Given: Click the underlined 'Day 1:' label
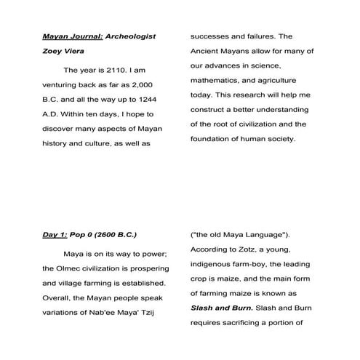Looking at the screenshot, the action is pyautogui.click(x=55, y=235).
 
